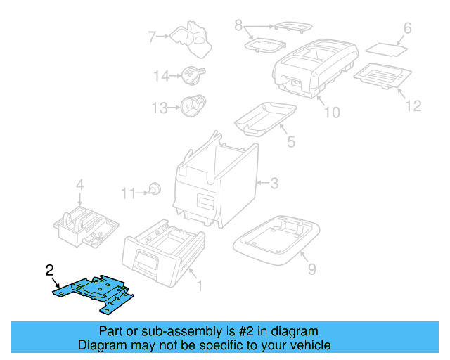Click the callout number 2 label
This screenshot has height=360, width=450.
[x=49, y=269]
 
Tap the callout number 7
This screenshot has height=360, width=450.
[x=151, y=36]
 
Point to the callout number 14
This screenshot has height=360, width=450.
[x=162, y=76]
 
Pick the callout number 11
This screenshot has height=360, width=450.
[x=127, y=193]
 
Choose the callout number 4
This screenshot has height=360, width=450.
[x=80, y=185]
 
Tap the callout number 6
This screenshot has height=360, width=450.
[x=406, y=29]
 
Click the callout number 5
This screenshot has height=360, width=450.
[x=290, y=141]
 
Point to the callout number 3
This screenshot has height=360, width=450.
[x=274, y=184]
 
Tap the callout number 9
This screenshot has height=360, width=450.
[x=311, y=268]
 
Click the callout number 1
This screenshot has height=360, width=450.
[x=199, y=285]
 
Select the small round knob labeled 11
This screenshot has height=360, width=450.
[x=154, y=188]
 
